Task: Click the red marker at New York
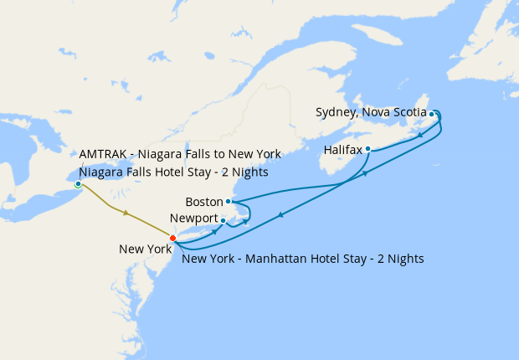172,239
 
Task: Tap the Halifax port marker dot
368,149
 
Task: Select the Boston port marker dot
228,201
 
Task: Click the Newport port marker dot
223,220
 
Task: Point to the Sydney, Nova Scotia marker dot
432,113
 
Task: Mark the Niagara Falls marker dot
78,183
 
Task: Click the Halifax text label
343,150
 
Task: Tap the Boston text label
204,202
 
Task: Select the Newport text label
194,219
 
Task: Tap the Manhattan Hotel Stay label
302,259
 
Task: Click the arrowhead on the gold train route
126,213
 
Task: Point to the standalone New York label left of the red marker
144,249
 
